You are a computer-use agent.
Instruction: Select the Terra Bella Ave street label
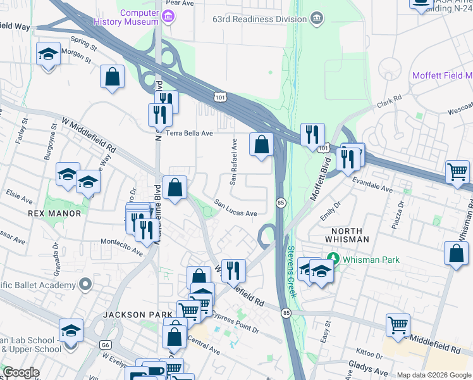[189, 134]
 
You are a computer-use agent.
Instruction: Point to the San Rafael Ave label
[233, 162]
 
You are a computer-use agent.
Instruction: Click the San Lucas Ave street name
[235, 208]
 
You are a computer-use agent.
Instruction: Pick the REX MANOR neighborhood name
[55, 213]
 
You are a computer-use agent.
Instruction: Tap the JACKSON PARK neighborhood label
[138, 315]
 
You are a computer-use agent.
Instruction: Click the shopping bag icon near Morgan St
[112, 77]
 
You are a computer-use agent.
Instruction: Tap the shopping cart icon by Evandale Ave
[457, 171]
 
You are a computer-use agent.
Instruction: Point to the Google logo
[21, 372]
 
